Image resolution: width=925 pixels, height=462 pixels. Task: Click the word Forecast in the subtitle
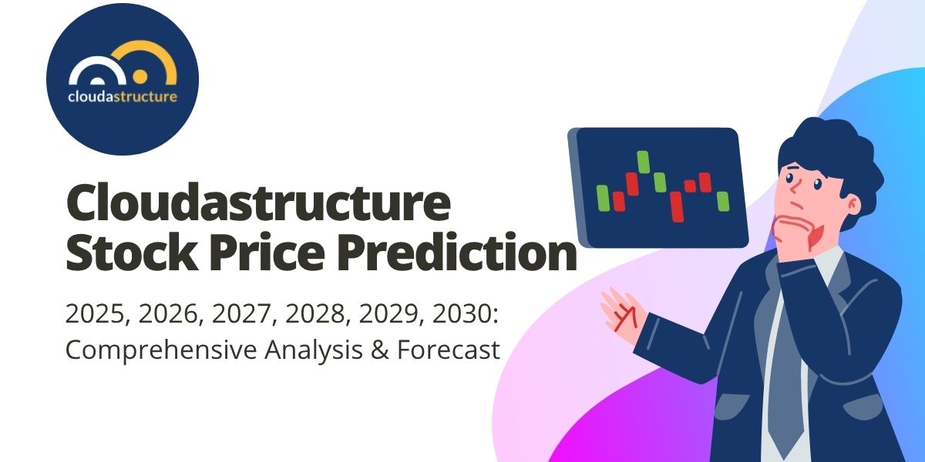(x=448, y=351)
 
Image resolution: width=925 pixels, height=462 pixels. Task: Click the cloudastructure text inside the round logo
(x=123, y=98)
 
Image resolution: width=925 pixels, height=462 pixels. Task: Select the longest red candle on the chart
(x=677, y=206)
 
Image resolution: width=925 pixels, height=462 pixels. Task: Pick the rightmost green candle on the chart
(x=722, y=201)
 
